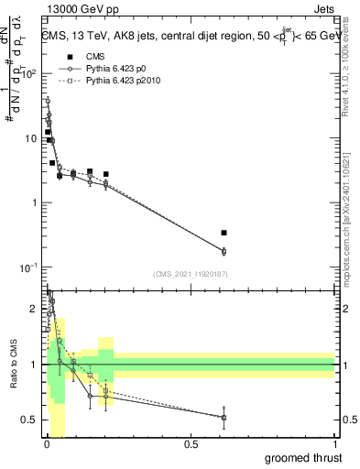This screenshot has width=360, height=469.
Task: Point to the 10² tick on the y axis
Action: [x=29, y=73]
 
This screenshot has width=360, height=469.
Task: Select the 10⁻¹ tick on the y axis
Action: [x=29, y=267]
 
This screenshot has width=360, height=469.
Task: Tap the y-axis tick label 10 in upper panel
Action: [x=31, y=138]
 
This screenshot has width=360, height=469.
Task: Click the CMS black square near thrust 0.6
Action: [x=224, y=233]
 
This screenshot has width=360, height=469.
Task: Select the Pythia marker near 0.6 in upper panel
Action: [x=224, y=251]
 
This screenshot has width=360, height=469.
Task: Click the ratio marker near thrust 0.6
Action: [x=224, y=418]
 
